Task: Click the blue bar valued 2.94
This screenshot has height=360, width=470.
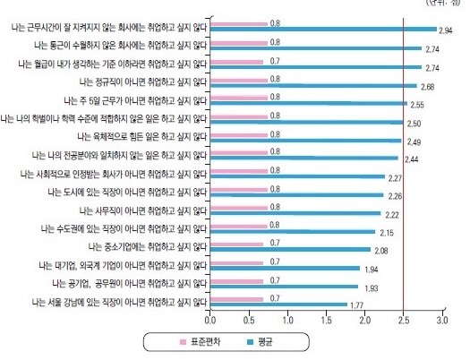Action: point(322,30)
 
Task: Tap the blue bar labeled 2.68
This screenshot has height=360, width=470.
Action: point(312,85)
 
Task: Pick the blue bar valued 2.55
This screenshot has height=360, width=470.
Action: point(308,104)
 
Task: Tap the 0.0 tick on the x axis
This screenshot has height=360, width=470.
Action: point(210,319)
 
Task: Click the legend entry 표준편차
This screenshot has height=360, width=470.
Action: point(207,342)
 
